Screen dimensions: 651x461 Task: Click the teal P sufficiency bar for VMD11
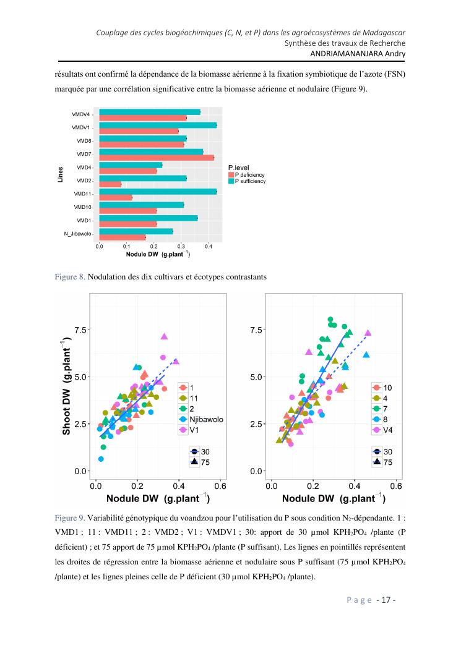pos(158,192)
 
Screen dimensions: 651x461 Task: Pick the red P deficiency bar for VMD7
pos(156,158)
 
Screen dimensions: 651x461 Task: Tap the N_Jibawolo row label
pos(77,234)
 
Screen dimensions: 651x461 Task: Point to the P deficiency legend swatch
pos(231,176)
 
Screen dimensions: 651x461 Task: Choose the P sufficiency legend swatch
pos(231,182)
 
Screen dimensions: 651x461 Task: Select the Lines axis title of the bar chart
pos(61,173)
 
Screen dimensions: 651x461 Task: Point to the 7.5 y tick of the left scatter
pos(80,331)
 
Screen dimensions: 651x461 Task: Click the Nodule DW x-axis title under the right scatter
pos(334,498)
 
